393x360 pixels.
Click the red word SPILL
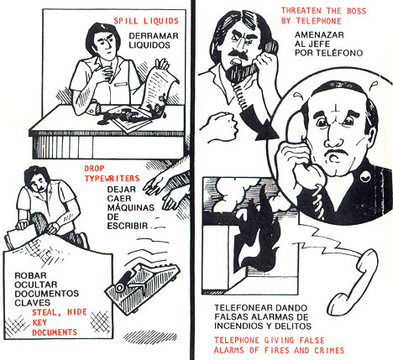(126, 21)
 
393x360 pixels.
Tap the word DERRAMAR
(154, 36)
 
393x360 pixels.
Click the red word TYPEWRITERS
(112, 179)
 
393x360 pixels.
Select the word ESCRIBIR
(128, 226)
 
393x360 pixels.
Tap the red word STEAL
(46, 312)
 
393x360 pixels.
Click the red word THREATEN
(301, 11)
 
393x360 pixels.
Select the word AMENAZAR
(319, 35)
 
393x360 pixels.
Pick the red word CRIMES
(329, 350)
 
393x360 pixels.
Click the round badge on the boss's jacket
(365, 176)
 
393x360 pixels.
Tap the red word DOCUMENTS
(55, 332)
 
